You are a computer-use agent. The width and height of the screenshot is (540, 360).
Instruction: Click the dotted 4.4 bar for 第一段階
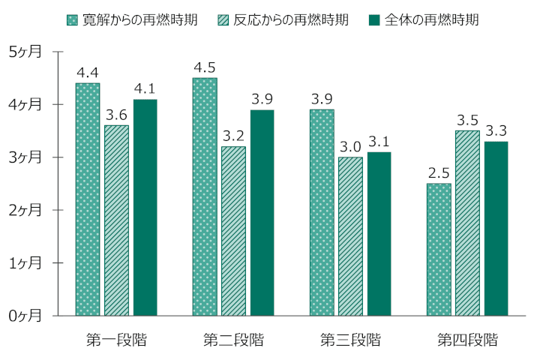click(88, 199)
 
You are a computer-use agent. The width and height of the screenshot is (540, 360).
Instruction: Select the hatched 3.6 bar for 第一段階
click(116, 220)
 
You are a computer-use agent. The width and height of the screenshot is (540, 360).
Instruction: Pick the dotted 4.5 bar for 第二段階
click(205, 196)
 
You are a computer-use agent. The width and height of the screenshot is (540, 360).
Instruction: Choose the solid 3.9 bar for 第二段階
click(262, 213)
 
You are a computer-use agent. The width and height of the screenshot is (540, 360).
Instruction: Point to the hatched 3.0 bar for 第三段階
click(350, 236)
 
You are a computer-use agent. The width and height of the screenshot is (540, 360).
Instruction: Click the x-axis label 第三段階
click(350, 340)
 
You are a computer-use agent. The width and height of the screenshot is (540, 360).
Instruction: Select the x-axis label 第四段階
click(467, 340)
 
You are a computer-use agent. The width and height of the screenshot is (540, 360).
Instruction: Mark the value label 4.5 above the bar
click(205, 67)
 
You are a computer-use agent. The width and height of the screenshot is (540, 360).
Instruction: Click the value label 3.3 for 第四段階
click(496, 130)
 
